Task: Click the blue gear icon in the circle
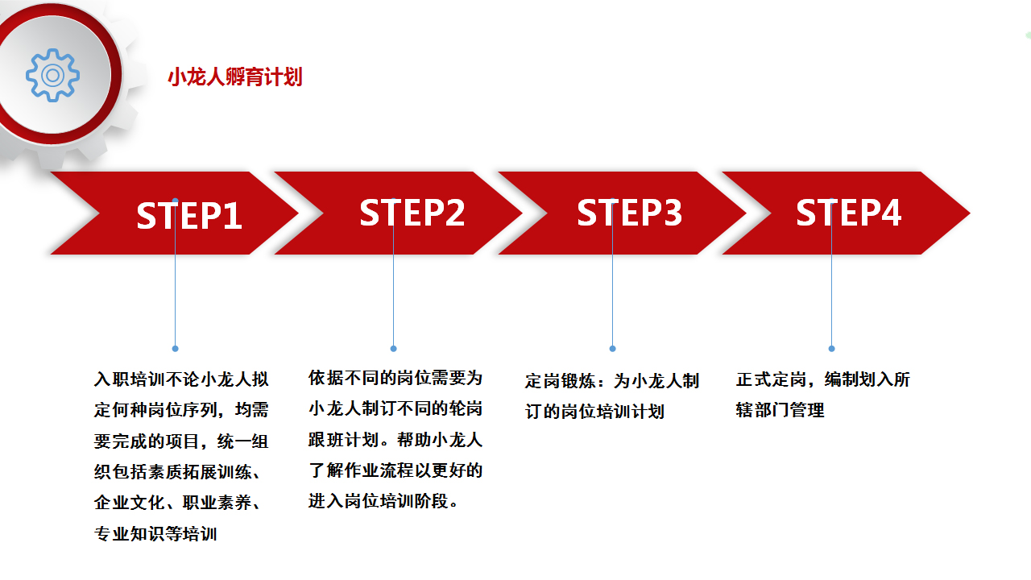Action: pyautogui.click(x=52, y=75)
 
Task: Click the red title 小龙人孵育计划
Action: pyautogui.click(x=234, y=77)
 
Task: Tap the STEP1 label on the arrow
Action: pyautogui.click(x=189, y=215)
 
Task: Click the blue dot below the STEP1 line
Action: pyautogui.click(x=175, y=349)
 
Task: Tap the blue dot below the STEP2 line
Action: pyautogui.click(x=394, y=349)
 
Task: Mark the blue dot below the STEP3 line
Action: pyautogui.click(x=612, y=349)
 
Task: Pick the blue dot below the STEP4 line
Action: pyautogui.click(x=831, y=349)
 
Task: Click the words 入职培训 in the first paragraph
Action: pyautogui.click(x=130, y=379)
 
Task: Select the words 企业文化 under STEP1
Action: pyautogui.click(x=130, y=502)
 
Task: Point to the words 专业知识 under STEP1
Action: pyautogui.click(x=130, y=533)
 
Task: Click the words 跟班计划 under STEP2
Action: pyautogui.click(x=344, y=440)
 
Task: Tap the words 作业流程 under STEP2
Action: pyautogui.click(x=379, y=470)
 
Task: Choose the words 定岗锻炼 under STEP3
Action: pyautogui.click(x=561, y=381)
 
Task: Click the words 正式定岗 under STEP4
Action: pyautogui.click(x=772, y=379)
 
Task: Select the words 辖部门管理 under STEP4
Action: pyautogui.click(x=780, y=410)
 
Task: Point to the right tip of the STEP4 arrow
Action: pyautogui.click(x=970, y=213)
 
